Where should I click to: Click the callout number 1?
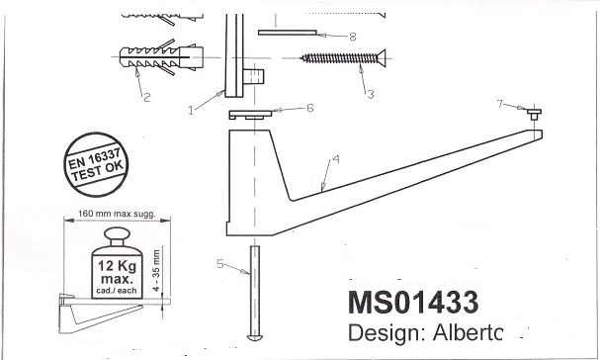[x=191, y=111]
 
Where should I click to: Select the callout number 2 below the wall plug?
[x=147, y=97]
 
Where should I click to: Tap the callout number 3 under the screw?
[x=370, y=94]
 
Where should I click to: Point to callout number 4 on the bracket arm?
[x=336, y=159]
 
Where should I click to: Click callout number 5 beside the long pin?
[x=220, y=263]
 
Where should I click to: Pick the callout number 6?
[x=310, y=109]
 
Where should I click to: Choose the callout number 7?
[x=500, y=104]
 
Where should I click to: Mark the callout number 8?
[x=353, y=37]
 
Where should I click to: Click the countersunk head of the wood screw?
[x=381, y=57]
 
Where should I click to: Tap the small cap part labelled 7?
[x=534, y=114]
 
